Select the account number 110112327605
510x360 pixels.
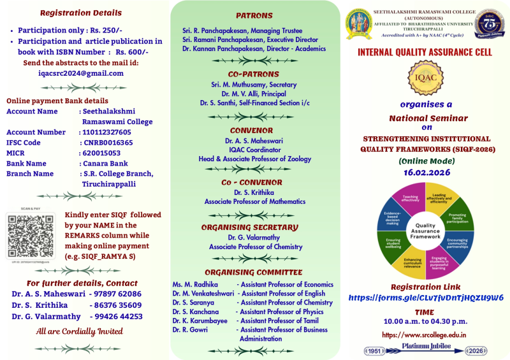tap(106, 133)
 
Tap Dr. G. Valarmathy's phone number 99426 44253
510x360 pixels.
tap(118, 316)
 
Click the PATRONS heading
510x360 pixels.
tap(254, 15)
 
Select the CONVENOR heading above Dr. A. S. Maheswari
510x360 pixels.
tap(254, 130)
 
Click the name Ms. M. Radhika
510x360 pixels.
tap(195, 284)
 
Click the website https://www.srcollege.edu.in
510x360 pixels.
tap(425, 335)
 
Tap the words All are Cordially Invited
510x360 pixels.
tap(78, 331)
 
